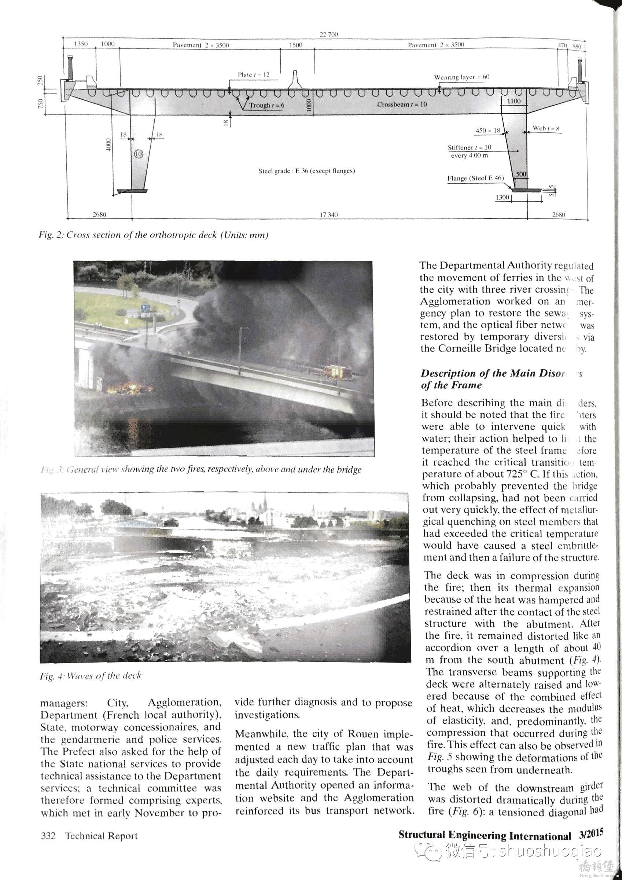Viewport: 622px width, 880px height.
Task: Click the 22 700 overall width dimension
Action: [328, 34]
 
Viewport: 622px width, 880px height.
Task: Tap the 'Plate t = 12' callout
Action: [253, 75]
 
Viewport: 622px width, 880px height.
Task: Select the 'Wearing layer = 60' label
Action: [461, 77]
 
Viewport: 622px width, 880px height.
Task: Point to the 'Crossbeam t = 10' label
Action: [402, 104]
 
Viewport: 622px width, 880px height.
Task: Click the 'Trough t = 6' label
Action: [267, 105]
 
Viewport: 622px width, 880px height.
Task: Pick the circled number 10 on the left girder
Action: [138, 154]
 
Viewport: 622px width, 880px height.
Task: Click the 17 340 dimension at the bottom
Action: [328, 214]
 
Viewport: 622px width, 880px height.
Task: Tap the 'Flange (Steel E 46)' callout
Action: [475, 178]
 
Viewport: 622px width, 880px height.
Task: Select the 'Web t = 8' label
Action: [546, 128]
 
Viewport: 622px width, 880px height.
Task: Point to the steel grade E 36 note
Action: [306, 171]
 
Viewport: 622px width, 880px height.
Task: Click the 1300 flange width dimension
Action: [503, 197]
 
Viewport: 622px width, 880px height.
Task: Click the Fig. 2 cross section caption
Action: [153, 235]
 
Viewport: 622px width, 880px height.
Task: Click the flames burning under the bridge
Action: [128, 389]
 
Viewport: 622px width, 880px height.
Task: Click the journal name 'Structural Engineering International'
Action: [485, 835]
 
